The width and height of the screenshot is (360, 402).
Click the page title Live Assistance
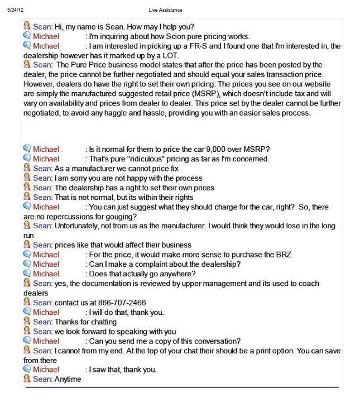click(165, 10)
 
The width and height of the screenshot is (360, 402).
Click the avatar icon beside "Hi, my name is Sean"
click(27, 26)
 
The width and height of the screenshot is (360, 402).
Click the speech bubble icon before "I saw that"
click(27, 369)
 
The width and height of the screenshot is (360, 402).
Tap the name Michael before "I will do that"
click(46, 312)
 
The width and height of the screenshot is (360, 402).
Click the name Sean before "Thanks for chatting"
click(42, 322)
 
